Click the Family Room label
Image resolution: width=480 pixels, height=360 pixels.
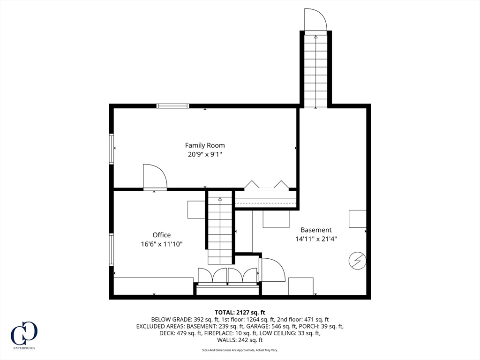[205, 145]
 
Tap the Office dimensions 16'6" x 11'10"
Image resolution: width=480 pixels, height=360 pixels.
[161, 244]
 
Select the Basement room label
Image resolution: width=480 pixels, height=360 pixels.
[316, 230]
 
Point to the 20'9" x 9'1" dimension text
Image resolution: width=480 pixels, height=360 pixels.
[205, 154]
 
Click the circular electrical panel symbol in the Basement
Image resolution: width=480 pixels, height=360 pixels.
[358, 261]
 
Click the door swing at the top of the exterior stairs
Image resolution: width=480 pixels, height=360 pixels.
[315, 20]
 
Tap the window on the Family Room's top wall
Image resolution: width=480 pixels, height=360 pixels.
[173, 106]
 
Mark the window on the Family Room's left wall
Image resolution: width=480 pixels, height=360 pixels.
[112, 149]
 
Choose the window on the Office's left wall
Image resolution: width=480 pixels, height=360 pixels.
[112, 249]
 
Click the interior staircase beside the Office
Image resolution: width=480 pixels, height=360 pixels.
[220, 230]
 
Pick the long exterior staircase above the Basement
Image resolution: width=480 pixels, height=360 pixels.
[315, 70]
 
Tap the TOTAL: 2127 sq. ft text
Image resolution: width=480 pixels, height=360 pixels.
[240, 312]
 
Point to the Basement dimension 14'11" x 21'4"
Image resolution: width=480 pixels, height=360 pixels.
[316, 239]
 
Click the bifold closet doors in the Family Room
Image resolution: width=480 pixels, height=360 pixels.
[266, 185]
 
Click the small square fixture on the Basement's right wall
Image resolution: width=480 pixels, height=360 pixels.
[357, 219]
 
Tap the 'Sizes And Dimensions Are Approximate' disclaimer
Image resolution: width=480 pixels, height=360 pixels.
[240, 350]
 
